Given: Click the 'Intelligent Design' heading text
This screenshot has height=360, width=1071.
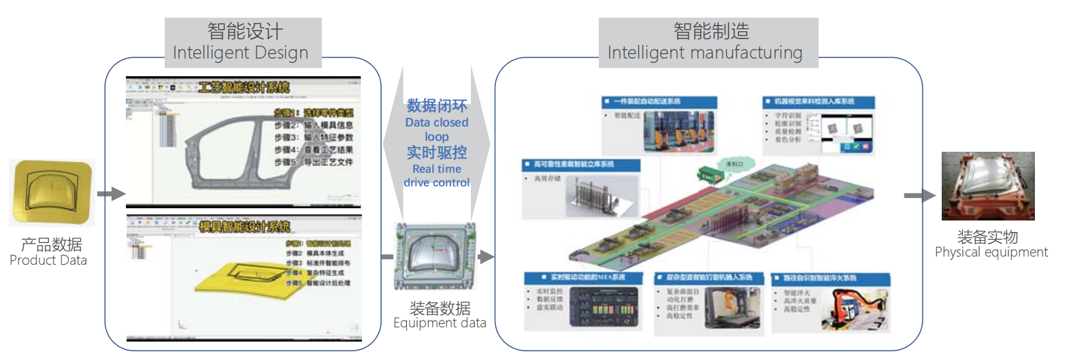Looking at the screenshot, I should point(240,53).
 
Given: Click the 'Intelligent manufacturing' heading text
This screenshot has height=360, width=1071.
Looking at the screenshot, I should point(704,53).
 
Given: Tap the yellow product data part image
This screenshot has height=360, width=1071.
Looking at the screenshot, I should point(52,193).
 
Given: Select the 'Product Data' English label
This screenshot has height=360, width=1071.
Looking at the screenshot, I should point(48,261).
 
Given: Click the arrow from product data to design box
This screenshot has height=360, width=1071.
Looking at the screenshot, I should point(111,194).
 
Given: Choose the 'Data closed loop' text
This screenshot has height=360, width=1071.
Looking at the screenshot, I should point(437,129).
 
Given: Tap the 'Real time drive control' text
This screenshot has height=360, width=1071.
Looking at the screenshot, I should point(437,176).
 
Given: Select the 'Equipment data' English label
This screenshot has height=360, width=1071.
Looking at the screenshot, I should point(440,323).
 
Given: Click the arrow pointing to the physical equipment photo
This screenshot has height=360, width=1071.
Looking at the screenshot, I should point(919,196).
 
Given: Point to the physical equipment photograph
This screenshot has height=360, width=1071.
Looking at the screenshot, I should point(987,186).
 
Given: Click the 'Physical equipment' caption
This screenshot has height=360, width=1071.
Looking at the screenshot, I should point(991,252).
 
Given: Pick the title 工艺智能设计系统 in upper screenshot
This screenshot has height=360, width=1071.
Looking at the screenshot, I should point(243,87).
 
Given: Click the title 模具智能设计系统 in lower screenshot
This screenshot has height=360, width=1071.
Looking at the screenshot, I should point(244,227).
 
